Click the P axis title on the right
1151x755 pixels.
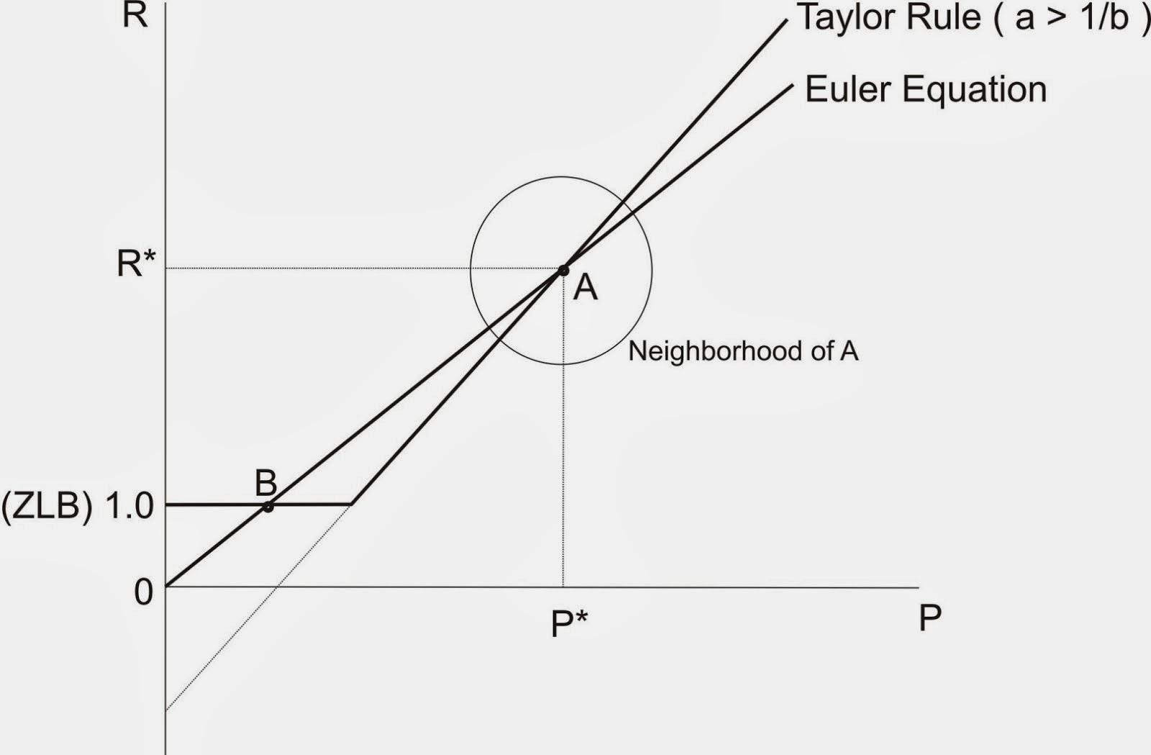929,618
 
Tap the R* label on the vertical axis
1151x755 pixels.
136,264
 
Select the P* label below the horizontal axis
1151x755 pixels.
568,623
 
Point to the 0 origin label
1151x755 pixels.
144,592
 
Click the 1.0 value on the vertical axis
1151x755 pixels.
129,507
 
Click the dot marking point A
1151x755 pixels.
563,271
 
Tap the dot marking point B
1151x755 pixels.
268,507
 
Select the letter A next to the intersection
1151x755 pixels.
586,288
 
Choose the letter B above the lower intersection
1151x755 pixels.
266,483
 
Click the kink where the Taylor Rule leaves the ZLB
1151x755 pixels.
352,504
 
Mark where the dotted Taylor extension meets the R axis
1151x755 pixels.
166,710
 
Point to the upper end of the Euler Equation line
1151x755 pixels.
791,85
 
